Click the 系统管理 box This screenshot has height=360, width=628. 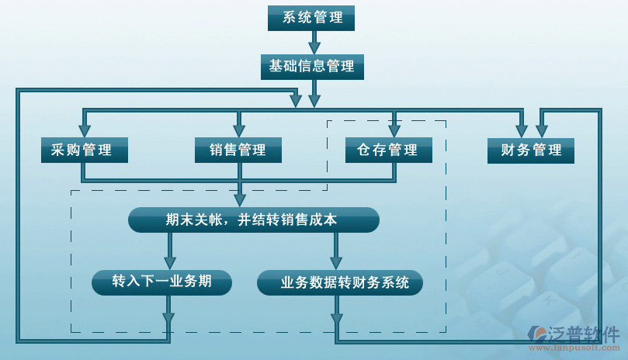point(311,18)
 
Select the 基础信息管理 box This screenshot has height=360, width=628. point(311,67)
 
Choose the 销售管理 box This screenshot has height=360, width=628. point(238,151)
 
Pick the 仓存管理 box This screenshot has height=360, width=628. point(388,151)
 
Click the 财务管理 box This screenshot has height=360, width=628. point(531,151)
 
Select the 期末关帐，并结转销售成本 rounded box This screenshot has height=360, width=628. point(253,220)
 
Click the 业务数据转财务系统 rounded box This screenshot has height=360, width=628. point(340,283)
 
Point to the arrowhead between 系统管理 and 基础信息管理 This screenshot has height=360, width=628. point(314,47)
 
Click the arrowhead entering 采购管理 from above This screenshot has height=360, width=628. point(85,130)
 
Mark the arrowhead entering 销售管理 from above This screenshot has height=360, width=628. point(239,130)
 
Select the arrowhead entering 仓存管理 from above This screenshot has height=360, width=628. point(395,130)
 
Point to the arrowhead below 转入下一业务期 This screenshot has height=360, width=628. point(168,317)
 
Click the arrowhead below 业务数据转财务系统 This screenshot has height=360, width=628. point(336,317)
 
